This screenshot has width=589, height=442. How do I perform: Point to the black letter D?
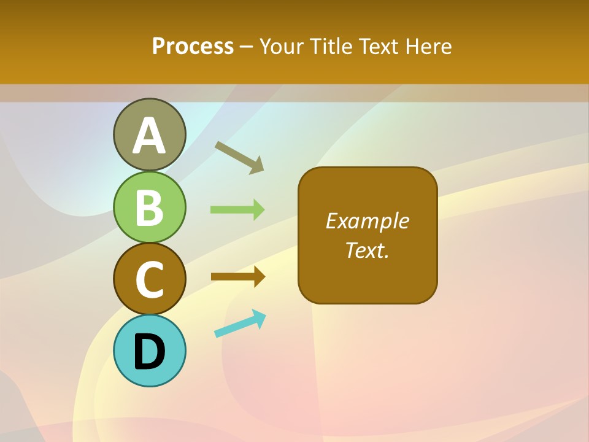pos(150,352)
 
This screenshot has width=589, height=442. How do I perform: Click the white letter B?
pos(150,207)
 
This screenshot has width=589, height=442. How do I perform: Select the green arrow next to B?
pos(237,209)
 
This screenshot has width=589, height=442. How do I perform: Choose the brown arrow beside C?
pos(238,277)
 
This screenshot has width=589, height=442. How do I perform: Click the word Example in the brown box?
pos(368,221)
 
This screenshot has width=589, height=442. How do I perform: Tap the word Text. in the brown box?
pos(367,250)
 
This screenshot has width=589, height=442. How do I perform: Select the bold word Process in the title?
pos(193,46)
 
